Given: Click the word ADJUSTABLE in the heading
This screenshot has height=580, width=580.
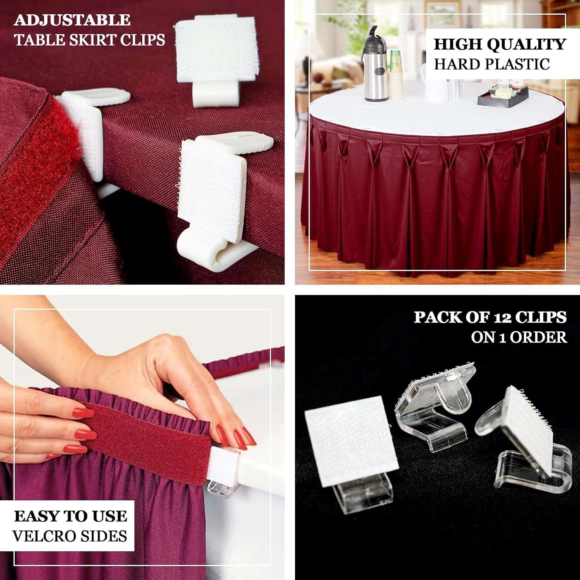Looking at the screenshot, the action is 72,20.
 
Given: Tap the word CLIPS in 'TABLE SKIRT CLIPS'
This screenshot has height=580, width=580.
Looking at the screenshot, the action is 143,40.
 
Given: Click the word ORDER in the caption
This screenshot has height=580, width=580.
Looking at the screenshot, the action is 538,338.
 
